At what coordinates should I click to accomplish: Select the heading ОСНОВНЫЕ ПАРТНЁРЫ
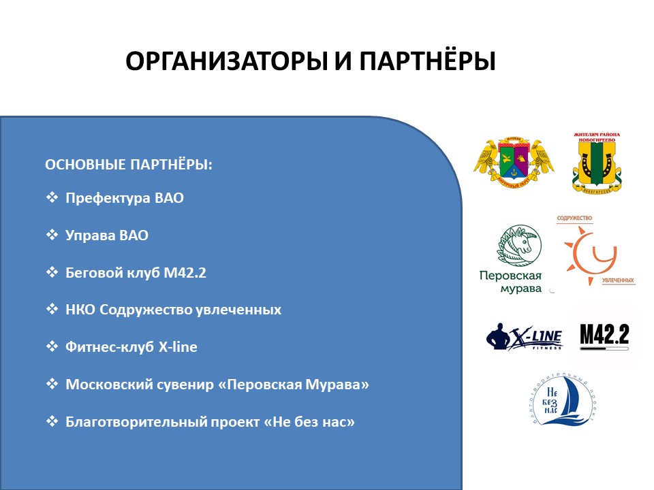coord(128,165)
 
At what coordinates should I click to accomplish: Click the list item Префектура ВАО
coord(125,199)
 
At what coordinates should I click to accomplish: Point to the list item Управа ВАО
coord(107,235)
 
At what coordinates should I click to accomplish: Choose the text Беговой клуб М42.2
coord(136,273)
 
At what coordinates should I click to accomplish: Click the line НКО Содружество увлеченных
coord(173,310)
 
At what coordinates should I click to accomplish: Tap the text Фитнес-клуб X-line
coord(131,347)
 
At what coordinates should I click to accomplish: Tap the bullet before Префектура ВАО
coord(51,198)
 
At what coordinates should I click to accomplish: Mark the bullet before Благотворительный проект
coord(51,421)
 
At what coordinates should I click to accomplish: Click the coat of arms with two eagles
coord(514,162)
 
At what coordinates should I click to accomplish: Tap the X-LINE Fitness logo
coord(524,337)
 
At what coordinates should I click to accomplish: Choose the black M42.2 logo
coord(604,336)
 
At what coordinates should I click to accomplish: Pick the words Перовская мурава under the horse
coord(511,282)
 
